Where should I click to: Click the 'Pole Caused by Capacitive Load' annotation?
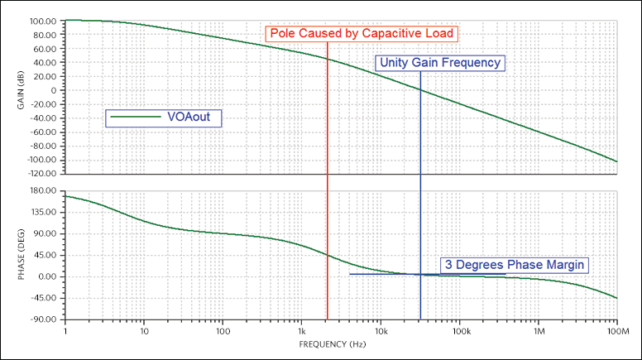(362, 33)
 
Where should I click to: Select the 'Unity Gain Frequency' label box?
(439, 62)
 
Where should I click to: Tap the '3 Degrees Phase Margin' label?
(514, 265)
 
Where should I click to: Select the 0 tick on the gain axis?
(53, 90)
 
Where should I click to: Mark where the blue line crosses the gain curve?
(420, 89)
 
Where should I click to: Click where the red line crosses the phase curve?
(328, 256)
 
